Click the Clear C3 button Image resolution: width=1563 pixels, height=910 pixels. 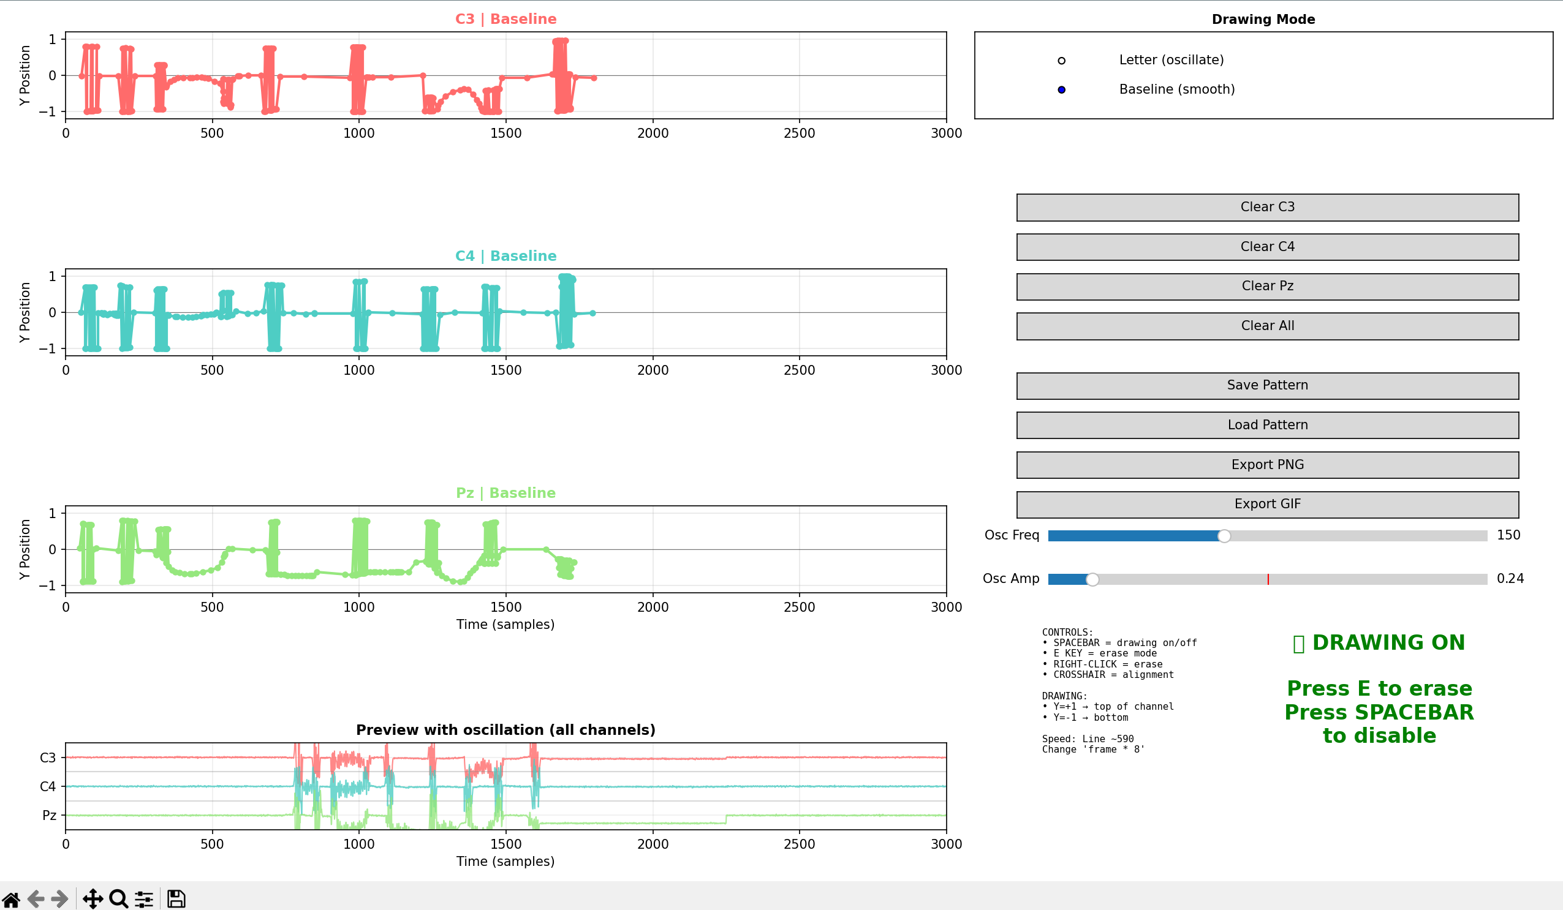(x=1267, y=207)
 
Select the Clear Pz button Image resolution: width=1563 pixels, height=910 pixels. (x=1267, y=287)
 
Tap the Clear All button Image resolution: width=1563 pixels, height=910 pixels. (x=1267, y=326)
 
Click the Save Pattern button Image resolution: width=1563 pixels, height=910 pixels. (x=1267, y=386)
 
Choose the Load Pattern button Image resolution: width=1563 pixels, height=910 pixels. (x=1267, y=425)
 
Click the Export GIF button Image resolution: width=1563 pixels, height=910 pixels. (x=1267, y=505)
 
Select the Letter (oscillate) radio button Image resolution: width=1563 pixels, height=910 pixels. (x=1061, y=61)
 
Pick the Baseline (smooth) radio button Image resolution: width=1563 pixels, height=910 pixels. (x=1061, y=90)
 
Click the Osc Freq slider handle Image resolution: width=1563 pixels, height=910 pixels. (x=1224, y=536)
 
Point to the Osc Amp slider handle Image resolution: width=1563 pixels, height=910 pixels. (x=1092, y=579)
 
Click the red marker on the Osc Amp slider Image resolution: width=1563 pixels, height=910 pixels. (x=1268, y=579)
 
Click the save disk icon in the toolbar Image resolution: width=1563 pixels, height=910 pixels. (x=176, y=899)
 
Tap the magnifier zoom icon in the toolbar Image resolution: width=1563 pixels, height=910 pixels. (x=118, y=899)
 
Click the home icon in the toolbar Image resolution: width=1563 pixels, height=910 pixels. (x=11, y=899)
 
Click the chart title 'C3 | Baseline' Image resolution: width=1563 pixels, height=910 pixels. (x=505, y=19)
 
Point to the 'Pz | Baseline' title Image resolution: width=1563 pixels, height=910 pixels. (x=505, y=494)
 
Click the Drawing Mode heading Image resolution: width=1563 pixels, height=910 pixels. (x=1263, y=19)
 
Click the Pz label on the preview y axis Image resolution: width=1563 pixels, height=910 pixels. (x=49, y=816)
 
